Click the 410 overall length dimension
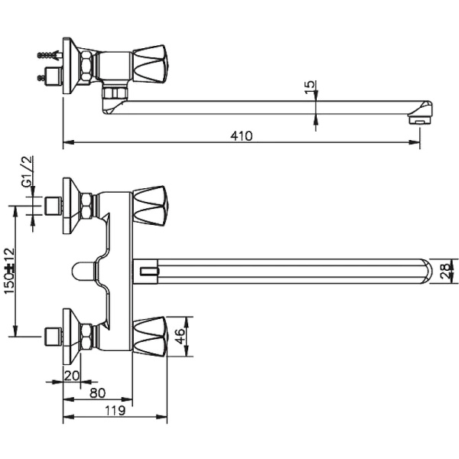pos(242,135)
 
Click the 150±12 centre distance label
pos(10,269)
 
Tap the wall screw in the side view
pos(47,56)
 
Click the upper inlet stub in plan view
pos(53,205)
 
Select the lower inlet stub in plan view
pos(53,334)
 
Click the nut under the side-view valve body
pos(114,93)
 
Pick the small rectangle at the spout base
pos(147,270)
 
